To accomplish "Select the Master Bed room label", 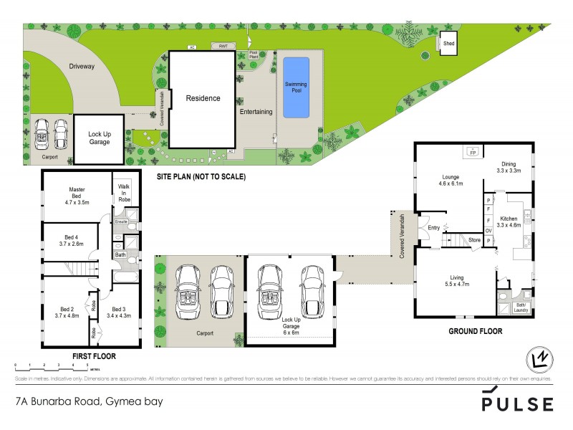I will [77, 193].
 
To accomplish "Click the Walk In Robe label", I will [124, 196].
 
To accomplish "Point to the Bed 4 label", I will [72, 239].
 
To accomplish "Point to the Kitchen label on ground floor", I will [509, 221].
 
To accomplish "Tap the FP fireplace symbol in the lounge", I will [473, 152].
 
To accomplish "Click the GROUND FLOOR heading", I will [475, 332].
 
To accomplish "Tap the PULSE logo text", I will [516, 403].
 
